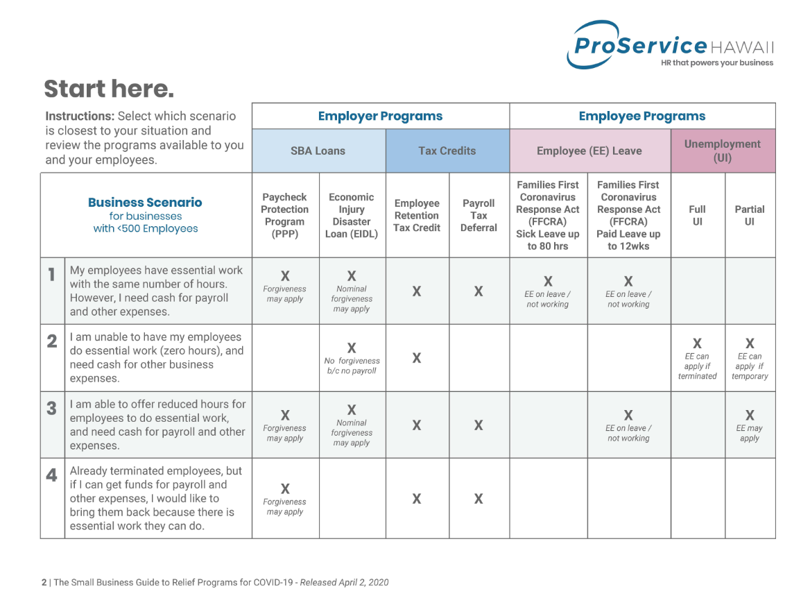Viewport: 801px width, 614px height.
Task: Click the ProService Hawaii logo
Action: point(670,45)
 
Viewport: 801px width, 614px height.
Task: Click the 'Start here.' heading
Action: point(109,88)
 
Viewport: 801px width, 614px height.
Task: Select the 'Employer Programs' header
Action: point(381,116)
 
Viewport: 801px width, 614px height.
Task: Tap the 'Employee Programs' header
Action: point(642,116)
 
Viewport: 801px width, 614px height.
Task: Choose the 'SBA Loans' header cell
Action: point(318,151)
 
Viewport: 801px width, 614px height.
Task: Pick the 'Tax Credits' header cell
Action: point(447,151)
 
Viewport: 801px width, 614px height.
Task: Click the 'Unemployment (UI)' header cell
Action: point(723,151)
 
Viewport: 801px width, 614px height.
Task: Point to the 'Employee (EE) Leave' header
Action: point(589,151)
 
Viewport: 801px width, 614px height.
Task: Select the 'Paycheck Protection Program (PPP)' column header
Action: point(285,215)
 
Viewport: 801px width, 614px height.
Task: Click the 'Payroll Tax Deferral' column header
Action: point(479,215)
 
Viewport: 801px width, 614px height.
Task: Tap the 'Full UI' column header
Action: point(697,215)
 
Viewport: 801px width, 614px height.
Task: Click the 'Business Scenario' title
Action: point(145,203)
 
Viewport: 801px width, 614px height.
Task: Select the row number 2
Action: point(52,341)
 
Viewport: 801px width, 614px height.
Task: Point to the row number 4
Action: point(51,475)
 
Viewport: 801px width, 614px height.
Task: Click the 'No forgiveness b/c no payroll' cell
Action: point(352,358)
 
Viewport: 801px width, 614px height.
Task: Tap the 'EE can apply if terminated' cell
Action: point(697,359)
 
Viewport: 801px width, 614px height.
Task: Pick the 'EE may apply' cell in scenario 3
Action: point(750,425)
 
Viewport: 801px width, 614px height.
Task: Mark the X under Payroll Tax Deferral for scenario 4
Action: point(478,498)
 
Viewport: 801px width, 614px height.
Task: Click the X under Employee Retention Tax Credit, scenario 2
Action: point(417,358)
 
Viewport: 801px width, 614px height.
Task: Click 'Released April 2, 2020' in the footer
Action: point(344,582)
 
